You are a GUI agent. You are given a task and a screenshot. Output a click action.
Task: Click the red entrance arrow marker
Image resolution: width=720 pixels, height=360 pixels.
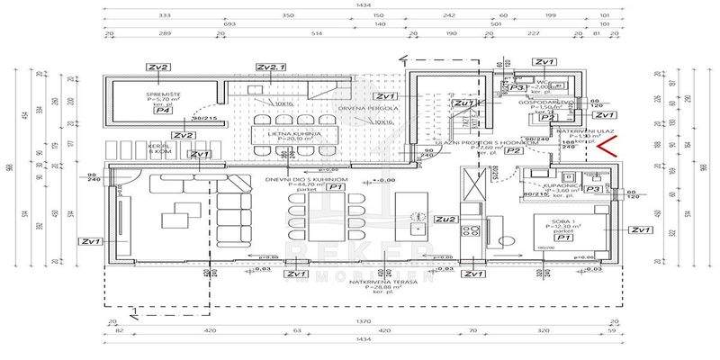coord(608,147)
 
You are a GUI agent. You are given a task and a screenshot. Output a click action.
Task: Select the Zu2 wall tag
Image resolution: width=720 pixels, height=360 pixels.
coord(445,218)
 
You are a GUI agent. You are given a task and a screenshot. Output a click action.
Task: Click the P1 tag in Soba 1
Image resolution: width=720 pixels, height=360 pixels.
coord(563,238)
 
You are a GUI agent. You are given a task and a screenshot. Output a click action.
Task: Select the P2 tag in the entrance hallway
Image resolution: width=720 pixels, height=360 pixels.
coord(513,151)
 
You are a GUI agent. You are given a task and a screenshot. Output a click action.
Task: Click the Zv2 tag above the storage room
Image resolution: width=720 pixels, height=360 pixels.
coord(159,67)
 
